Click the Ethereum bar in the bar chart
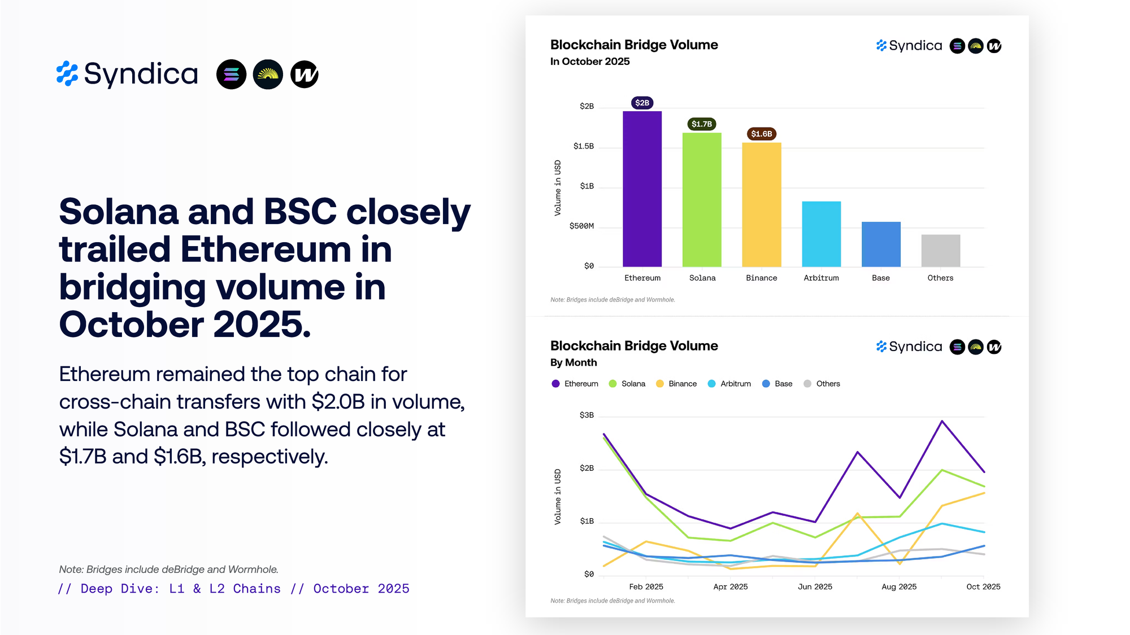point(642,189)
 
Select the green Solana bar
point(702,200)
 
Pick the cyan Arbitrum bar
point(821,234)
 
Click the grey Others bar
point(940,251)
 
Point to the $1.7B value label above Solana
point(702,124)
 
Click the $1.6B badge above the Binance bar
point(761,134)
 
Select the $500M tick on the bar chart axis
point(581,226)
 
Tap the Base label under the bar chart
point(880,278)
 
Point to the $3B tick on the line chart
point(586,415)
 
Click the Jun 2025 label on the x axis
point(815,587)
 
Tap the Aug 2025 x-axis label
point(899,587)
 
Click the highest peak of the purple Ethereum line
point(942,421)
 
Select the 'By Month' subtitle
point(573,362)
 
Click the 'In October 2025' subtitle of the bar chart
point(590,62)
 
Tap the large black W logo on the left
point(305,75)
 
